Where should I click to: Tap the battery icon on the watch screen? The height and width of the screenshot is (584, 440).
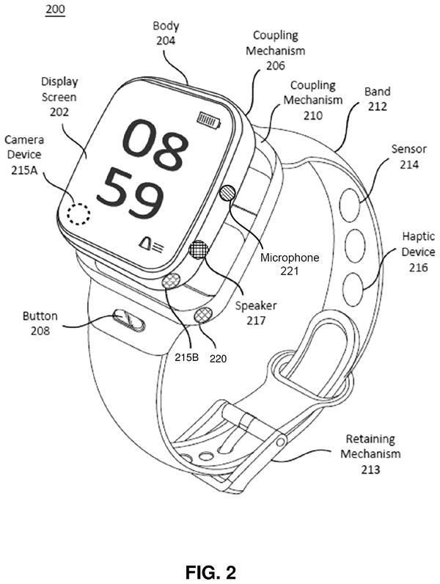[209, 120]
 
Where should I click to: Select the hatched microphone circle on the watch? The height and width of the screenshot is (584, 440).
[227, 193]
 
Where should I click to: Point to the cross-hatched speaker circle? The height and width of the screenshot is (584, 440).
[199, 249]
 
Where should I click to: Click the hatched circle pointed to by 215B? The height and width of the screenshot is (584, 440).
[171, 280]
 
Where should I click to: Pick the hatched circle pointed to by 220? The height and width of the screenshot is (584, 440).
[203, 315]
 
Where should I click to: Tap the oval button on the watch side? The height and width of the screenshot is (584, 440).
[129, 320]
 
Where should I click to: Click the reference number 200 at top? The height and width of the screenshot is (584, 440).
[55, 9]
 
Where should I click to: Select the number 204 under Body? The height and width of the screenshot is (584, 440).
[166, 40]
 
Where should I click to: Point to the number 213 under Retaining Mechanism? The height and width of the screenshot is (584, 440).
[370, 469]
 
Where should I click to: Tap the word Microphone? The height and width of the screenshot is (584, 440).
[289, 258]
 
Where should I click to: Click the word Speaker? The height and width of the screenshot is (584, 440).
[256, 306]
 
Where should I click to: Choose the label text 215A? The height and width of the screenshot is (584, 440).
[24, 170]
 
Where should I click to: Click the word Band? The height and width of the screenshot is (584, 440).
[378, 91]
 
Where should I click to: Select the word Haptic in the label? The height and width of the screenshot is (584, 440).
[419, 236]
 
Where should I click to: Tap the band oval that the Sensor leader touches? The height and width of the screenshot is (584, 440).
[350, 205]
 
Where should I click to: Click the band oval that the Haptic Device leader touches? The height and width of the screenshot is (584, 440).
[353, 290]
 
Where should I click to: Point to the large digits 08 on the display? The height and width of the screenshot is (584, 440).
[155, 144]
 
